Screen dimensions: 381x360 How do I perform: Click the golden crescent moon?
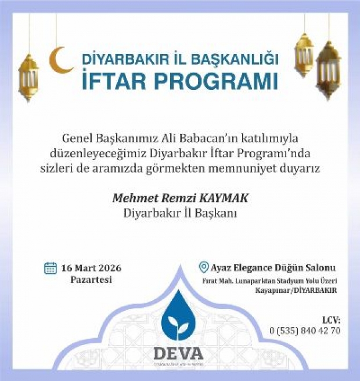[60, 60]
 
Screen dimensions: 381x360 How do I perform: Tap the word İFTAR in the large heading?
[116, 81]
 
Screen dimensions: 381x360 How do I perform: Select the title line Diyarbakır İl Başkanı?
[180, 213]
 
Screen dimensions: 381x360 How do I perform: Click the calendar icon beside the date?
[51, 268]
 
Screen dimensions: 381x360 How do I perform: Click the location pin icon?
[203, 267]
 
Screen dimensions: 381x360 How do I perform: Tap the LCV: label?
[330, 320]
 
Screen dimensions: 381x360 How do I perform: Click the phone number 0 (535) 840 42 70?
[305, 331]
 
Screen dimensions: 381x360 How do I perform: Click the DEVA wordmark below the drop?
[179, 353]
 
